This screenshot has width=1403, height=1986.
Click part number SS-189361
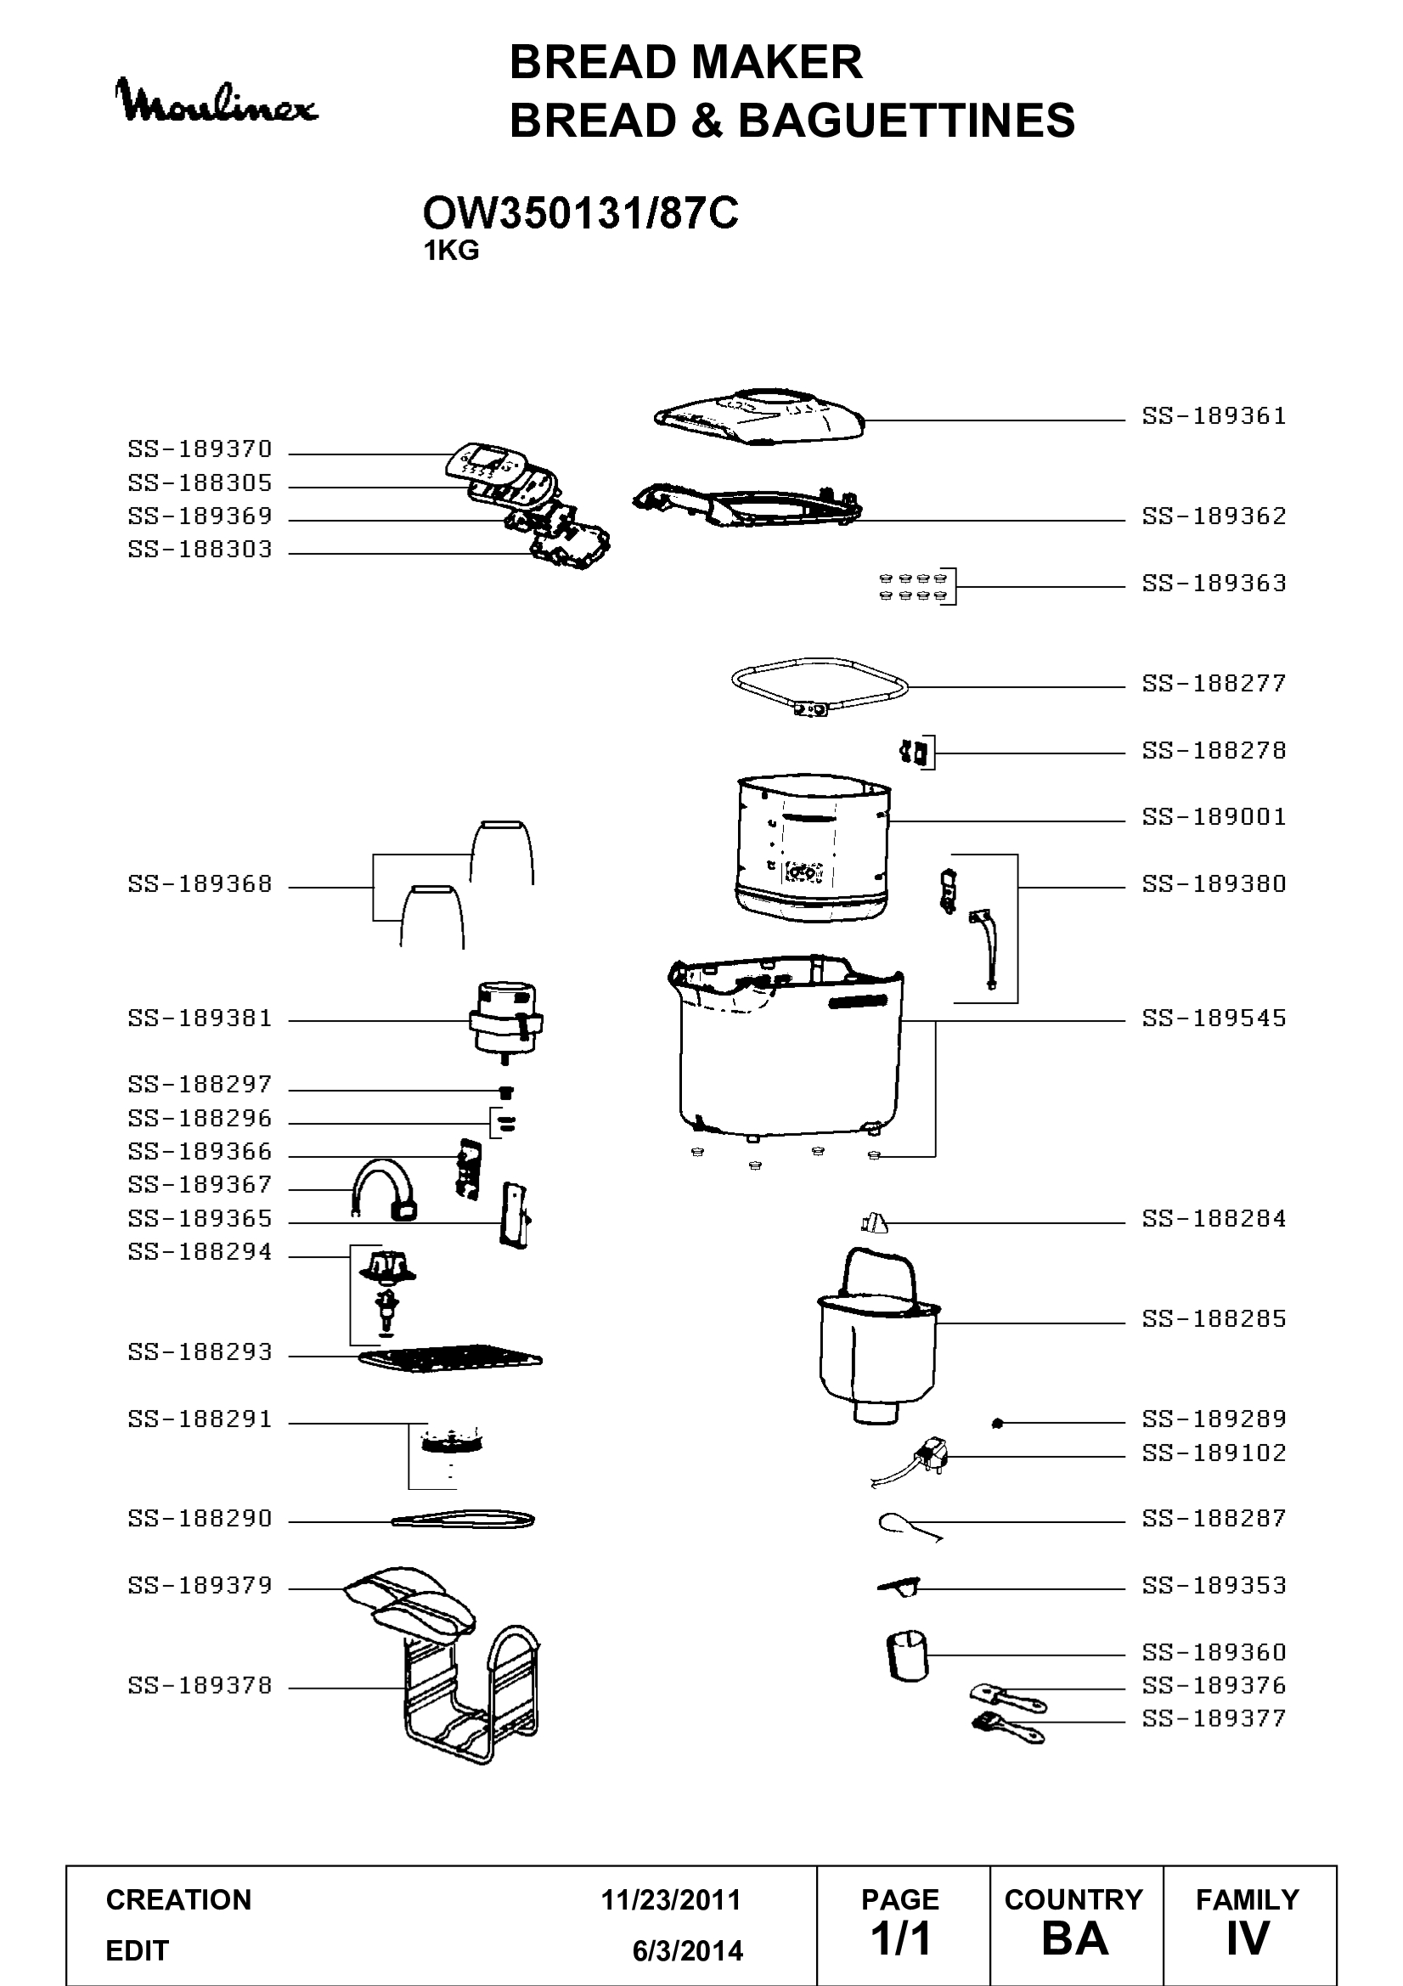1214,416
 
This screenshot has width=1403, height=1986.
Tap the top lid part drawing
759,417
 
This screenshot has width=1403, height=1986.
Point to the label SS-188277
1214,683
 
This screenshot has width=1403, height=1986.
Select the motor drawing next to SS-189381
506,1024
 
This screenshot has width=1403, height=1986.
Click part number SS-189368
200,884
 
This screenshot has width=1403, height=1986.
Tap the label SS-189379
200,1586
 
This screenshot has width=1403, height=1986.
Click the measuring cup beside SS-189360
906,1657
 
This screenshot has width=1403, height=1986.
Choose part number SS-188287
1214,1518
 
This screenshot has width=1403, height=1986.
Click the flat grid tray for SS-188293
451,1359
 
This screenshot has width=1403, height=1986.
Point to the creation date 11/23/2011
671,1900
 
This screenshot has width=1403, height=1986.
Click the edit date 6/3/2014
688,1951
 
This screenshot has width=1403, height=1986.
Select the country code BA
1075,1939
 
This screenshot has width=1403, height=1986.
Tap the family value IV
1248,1939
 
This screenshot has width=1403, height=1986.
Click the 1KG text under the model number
451,251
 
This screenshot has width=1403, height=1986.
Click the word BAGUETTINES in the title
906,120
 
